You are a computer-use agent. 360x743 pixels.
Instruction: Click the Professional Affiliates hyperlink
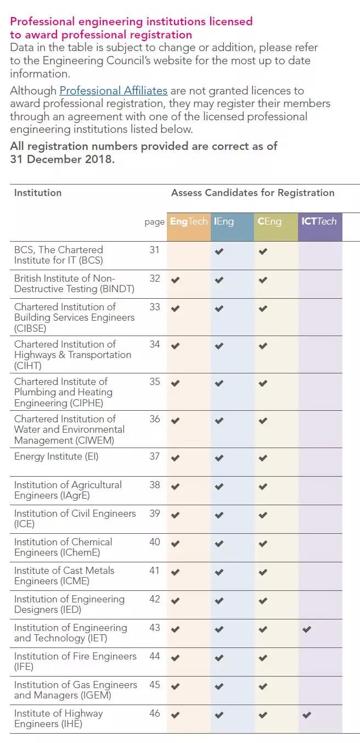113,91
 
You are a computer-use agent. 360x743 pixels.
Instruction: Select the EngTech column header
189,221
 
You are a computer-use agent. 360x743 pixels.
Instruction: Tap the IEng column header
224,221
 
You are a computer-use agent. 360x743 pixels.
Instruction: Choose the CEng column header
269,221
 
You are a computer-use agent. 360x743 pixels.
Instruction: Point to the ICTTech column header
319,221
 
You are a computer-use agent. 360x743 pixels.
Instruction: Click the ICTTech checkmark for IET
307,629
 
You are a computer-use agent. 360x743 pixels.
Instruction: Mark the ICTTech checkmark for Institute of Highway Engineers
307,715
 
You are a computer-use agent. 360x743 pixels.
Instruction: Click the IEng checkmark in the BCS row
219,252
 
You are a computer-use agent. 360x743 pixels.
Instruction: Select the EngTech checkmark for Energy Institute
175,458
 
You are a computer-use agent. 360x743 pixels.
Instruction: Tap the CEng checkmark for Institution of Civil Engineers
263,515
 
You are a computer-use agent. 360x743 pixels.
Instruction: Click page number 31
154,250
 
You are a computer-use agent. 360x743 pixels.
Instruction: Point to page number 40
155,542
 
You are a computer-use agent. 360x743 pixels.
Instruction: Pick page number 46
155,713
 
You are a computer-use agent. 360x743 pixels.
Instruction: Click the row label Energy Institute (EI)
56,456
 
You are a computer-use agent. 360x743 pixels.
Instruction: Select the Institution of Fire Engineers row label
75,661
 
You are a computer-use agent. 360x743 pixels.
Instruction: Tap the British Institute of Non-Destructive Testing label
74,283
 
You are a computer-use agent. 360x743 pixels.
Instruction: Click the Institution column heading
38,193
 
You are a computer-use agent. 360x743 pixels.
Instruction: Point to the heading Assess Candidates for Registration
252,193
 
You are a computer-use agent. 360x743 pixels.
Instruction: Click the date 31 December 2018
62,159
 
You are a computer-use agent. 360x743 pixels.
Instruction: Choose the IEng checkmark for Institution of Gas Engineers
219,686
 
